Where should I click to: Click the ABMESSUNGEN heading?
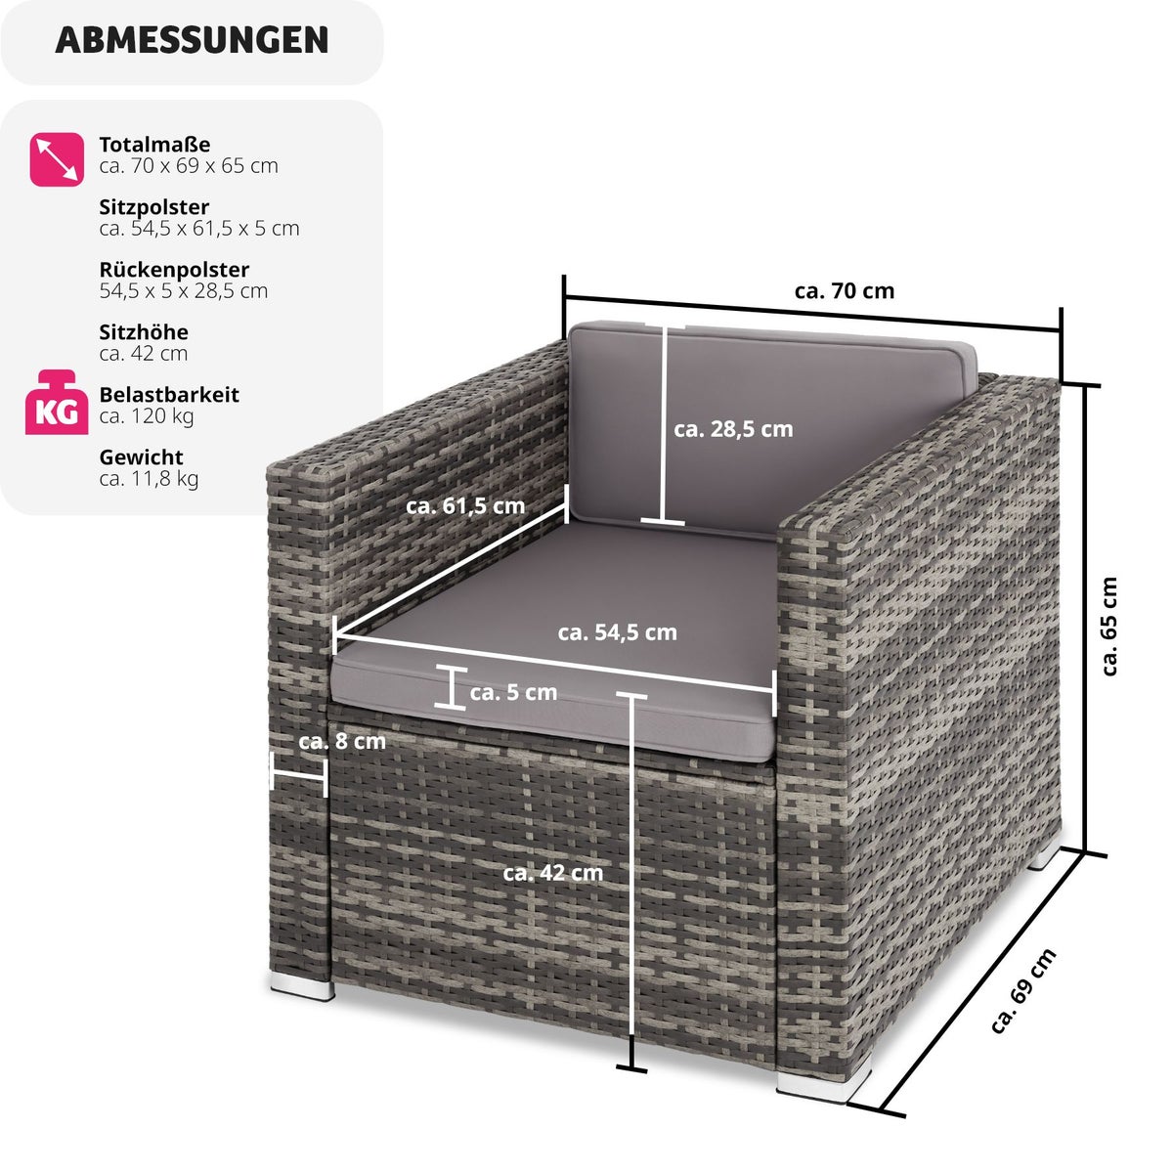192,40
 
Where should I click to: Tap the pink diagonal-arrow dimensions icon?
57,159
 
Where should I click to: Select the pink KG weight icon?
57,403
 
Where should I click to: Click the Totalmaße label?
154,145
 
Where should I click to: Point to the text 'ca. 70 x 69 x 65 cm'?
189,165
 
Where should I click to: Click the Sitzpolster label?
154,207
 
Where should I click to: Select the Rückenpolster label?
174,270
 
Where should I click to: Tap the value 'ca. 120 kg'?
147,416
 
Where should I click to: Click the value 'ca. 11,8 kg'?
149,479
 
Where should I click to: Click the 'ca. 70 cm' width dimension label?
845,291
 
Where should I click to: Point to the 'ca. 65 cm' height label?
1109,627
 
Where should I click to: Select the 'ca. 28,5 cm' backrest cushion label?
733,429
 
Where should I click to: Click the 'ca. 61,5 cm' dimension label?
465,505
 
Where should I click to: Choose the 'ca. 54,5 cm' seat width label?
617,632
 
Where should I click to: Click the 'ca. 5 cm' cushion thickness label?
513,692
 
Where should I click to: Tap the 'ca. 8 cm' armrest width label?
342,741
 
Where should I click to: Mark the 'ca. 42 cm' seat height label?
552,873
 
